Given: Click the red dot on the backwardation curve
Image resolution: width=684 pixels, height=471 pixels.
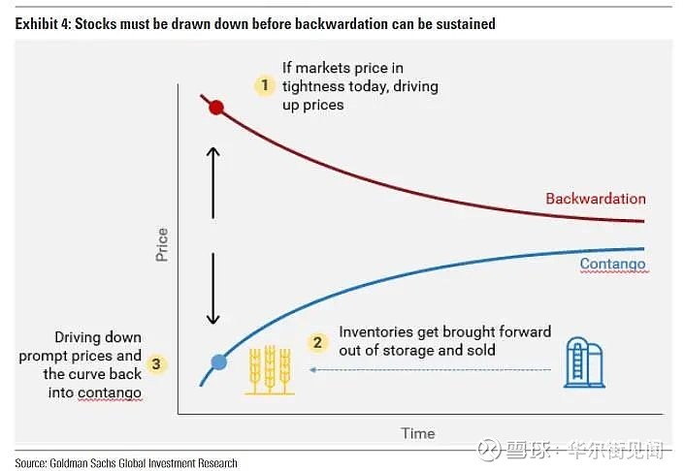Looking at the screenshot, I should [x=217, y=108].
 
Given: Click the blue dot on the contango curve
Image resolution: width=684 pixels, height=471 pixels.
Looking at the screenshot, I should [x=219, y=362].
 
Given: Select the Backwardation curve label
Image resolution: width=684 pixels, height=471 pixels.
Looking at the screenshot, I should [x=595, y=199].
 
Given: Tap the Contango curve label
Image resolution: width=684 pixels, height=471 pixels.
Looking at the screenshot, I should [x=612, y=264].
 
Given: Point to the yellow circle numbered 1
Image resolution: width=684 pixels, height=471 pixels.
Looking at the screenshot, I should [x=265, y=85].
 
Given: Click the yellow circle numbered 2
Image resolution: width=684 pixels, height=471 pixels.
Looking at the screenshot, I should [x=317, y=342].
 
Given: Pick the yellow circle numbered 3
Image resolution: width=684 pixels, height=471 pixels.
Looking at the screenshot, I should [x=158, y=365].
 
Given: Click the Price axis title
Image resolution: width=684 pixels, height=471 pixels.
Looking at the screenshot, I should [x=162, y=245].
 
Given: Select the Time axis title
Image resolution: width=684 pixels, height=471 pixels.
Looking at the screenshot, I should [x=418, y=433].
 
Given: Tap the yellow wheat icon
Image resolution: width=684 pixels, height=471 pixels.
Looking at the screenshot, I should [x=269, y=369].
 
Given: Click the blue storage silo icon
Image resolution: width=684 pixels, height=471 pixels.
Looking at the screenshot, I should [x=584, y=362].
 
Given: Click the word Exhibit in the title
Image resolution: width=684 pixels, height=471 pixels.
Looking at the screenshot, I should [x=36, y=23].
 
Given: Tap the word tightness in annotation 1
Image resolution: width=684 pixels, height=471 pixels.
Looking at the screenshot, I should [x=312, y=86].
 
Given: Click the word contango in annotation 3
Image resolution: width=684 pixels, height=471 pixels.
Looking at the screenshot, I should [x=114, y=392].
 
